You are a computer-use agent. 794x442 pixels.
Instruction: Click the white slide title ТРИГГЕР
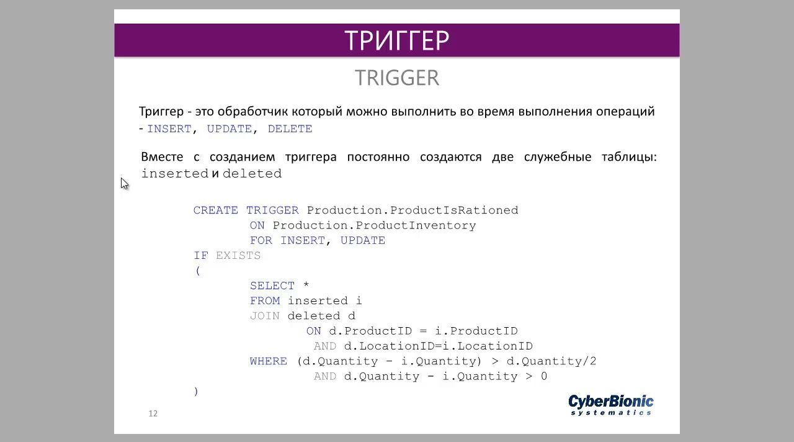pos(396,40)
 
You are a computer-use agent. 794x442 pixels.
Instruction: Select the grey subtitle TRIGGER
pos(397,78)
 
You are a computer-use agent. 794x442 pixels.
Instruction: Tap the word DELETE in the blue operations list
pos(290,129)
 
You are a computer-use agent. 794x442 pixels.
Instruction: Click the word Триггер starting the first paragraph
pos(161,112)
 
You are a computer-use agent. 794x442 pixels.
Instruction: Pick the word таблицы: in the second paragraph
pos(629,157)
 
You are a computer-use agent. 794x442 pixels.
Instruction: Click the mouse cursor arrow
pos(125,184)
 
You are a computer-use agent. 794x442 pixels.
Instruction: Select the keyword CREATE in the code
pos(215,210)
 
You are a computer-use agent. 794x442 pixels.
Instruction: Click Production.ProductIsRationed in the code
pos(413,210)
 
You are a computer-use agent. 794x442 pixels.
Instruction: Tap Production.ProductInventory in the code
pos(374,225)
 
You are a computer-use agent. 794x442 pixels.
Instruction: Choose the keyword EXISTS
pos(238,256)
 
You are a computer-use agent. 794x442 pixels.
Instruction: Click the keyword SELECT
pos(272,286)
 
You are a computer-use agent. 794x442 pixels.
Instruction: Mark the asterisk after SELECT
pos(306,285)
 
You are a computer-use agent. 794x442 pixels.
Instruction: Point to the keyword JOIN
pos(265,316)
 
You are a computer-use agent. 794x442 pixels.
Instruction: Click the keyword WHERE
pos(269,361)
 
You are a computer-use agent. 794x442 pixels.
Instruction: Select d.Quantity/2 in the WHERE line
pos(551,361)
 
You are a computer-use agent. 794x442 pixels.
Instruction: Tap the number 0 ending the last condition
pos(544,376)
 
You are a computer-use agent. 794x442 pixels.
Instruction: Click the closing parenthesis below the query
pos(196,392)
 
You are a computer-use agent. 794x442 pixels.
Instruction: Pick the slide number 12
pos(153,413)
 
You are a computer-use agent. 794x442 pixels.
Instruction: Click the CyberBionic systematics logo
pos(611,405)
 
